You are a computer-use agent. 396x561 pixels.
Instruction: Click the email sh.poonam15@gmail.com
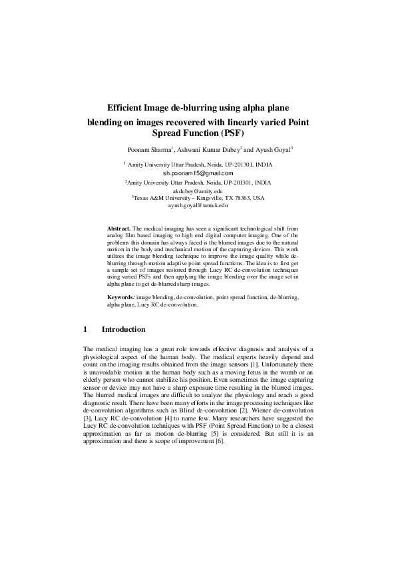pyautogui.click(x=198, y=173)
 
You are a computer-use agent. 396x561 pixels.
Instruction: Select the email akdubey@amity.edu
pyautogui.click(x=198, y=191)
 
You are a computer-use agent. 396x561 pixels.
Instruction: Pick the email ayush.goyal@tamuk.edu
pyautogui.click(x=198, y=206)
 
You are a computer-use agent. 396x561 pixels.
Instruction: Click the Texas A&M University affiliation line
pyautogui.click(x=198, y=198)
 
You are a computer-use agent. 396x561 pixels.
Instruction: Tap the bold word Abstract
pyautogui.click(x=119, y=229)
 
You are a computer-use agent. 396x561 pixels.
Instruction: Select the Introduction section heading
pyautogui.click(x=123, y=329)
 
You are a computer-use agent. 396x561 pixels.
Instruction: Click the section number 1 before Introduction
pyautogui.click(x=85, y=329)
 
